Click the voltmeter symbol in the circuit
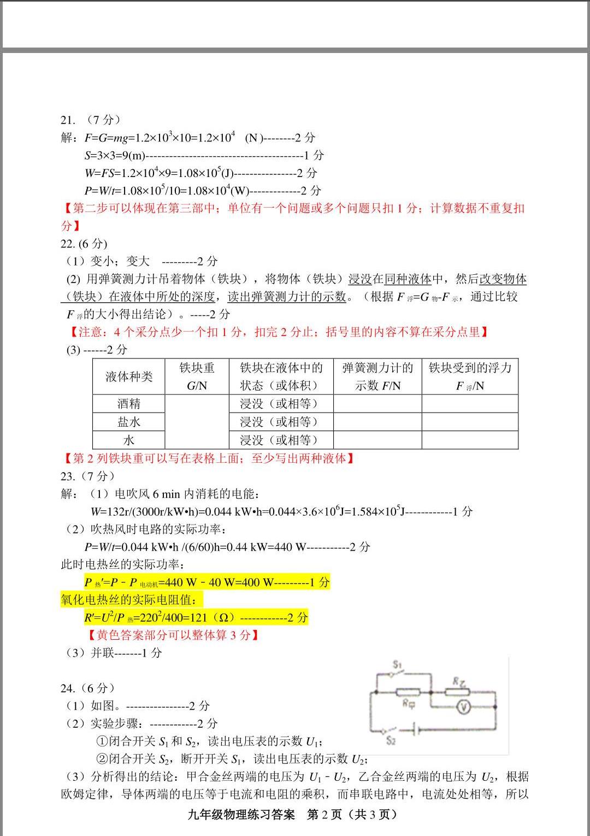click(x=464, y=708)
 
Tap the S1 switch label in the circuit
click(x=397, y=664)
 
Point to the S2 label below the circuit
click(x=390, y=740)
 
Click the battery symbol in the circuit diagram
click(x=416, y=729)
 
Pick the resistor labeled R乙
click(x=457, y=692)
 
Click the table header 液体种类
click(x=129, y=376)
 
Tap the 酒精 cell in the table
click(x=129, y=404)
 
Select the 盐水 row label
click(x=129, y=422)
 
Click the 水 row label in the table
click(x=129, y=440)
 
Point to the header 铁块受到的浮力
click(x=470, y=368)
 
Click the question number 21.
click(x=68, y=120)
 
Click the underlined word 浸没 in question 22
click(x=360, y=279)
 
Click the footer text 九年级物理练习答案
click(x=241, y=815)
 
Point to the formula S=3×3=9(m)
click(x=115, y=155)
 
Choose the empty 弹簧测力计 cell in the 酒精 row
click(x=377, y=404)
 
